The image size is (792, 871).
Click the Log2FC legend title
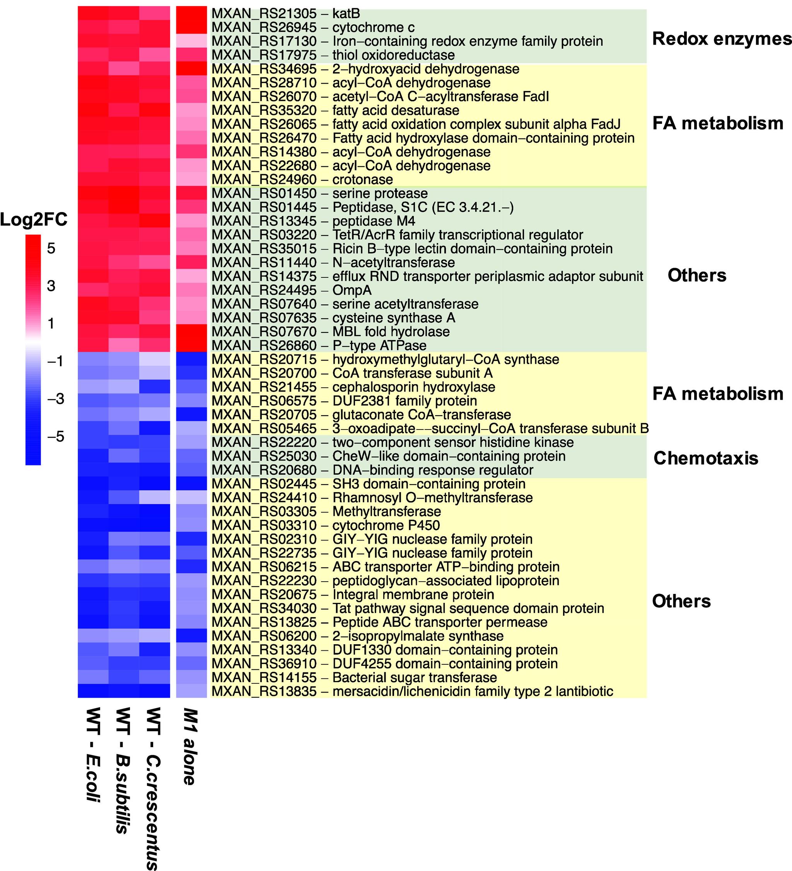tap(34, 220)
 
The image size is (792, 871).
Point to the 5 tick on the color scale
tap(51, 248)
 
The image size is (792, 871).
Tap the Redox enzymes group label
tap(722, 39)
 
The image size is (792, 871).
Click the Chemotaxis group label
tap(706, 459)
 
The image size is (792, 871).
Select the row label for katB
tap(285, 14)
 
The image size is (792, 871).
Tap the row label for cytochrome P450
tap(326, 525)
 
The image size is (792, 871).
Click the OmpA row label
tap(292, 290)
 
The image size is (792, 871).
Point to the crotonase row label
tap(302, 180)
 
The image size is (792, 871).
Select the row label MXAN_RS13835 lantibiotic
tap(412, 691)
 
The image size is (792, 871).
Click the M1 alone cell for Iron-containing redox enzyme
tap(191, 41)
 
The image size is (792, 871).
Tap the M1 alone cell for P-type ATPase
tap(191, 346)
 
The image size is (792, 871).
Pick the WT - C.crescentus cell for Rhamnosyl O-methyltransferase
tap(154, 498)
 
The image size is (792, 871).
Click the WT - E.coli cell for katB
tap(93, 14)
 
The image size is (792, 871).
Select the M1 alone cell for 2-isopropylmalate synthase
tap(191, 636)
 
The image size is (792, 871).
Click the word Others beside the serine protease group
tap(696, 276)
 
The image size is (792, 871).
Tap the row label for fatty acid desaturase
tap(335, 111)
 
